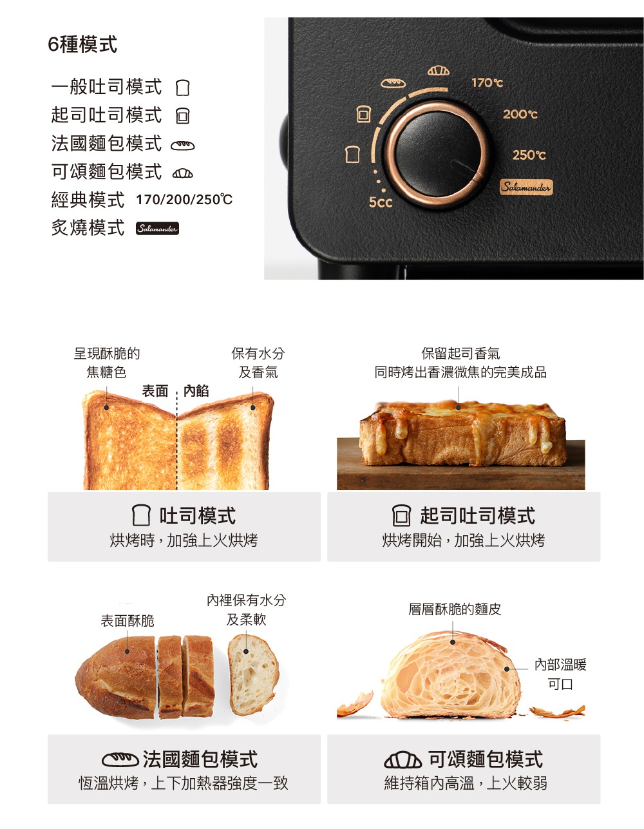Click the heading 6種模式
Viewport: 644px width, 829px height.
(82, 44)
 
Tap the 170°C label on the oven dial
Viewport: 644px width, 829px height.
(487, 82)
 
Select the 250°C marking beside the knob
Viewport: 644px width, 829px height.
(529, 155)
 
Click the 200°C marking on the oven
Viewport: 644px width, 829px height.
(520, 114)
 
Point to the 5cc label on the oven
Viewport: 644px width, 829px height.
(380, 202)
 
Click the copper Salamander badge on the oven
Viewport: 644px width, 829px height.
(526, 187)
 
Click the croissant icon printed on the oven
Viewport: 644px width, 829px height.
(439, 70)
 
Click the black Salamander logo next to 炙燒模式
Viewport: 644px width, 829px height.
(157, 229)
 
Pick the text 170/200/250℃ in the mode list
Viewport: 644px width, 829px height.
(184, 200)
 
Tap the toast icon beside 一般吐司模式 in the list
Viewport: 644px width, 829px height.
(183, 87)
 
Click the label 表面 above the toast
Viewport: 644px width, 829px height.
(155, 391)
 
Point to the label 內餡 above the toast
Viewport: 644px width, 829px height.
(196, 391)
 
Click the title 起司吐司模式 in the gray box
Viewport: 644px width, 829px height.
(477, 515)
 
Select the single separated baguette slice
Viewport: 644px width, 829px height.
(253, 674)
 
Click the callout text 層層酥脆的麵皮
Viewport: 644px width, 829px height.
(455, 609)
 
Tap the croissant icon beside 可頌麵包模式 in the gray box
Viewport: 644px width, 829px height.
(402, 760)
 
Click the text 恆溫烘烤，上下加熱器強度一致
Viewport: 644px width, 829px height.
(184, 783)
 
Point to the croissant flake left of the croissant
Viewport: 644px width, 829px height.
(355, 703)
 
